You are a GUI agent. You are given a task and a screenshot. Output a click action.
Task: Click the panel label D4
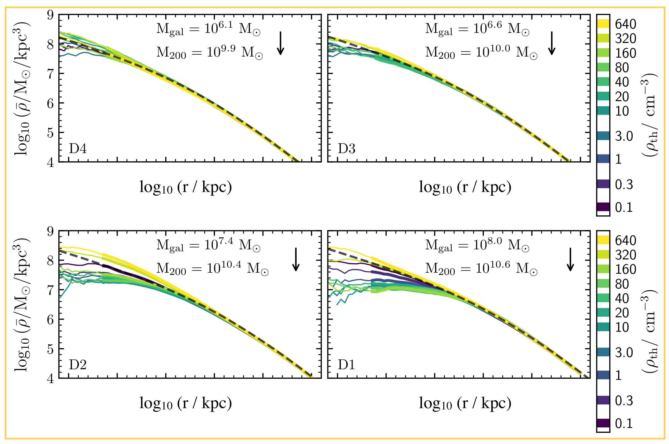pos(77,148)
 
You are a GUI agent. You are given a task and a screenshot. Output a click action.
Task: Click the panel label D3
pos(347,148)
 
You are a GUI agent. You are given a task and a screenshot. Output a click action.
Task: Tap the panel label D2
pos(77,364)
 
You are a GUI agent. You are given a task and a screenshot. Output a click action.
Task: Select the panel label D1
pos(347,364)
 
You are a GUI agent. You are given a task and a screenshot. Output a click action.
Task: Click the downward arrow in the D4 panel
pos(280,43)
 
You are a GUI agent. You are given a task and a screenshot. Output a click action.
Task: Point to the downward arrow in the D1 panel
pos(570,259)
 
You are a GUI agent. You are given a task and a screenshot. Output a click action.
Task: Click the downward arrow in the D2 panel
pos(296,259)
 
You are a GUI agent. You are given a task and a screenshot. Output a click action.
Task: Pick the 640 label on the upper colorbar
pos(626,24)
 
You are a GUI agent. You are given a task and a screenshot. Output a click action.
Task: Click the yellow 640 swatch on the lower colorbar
pos(603,240)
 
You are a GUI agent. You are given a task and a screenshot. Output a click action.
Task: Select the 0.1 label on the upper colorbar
pos(623,207)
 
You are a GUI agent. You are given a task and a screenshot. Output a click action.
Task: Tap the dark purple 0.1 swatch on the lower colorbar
pos(603,423)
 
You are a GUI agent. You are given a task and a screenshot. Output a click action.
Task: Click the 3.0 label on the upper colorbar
pos(624,136)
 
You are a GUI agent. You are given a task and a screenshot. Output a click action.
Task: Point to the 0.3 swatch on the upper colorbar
pos(603,184)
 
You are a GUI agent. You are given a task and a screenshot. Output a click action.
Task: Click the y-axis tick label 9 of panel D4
pos(50,14)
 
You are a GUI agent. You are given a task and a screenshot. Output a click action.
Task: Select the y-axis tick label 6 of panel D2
pos(50,319)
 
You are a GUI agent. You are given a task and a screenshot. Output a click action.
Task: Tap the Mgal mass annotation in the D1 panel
pos(477,245)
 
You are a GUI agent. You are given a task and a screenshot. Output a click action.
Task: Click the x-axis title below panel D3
pos(465,187)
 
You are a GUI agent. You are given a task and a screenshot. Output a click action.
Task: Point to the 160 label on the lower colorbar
pos(626,269)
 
